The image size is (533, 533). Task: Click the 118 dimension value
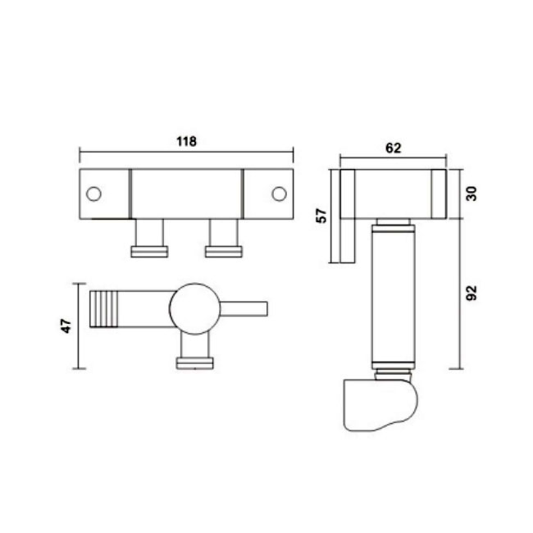186,141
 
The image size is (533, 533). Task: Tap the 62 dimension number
394,148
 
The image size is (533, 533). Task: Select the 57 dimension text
321,216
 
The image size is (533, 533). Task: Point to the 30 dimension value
471,194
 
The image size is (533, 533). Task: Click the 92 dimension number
471,293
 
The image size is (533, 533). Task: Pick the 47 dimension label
66,326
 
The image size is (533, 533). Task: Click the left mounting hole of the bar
93,194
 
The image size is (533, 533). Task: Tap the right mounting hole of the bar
279,194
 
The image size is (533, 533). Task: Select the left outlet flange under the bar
149,252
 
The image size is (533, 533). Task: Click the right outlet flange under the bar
224,252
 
